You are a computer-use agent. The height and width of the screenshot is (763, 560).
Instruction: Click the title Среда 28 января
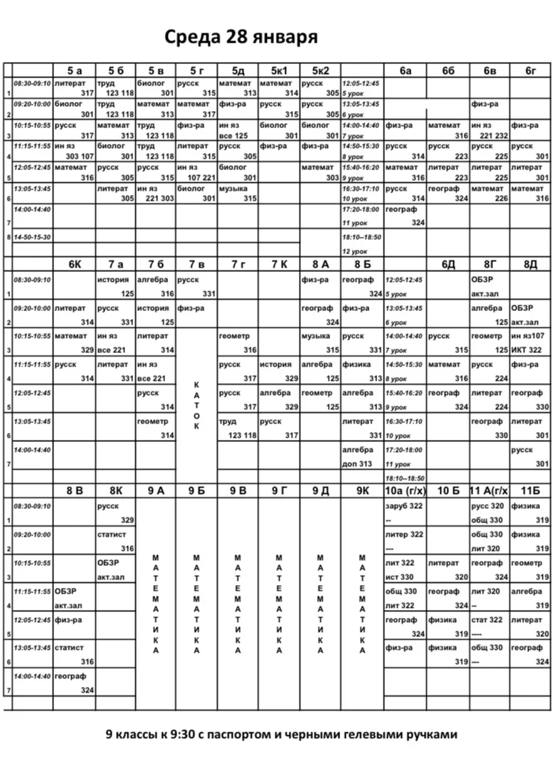coord(241,37)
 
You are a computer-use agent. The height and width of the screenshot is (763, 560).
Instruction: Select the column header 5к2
coord(320,70)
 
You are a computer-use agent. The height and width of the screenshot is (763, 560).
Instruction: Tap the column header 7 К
coord(279,265)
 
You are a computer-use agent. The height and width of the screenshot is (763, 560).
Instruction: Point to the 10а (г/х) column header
coord(404,491)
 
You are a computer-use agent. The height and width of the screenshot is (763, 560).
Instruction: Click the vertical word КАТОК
coord(196,405)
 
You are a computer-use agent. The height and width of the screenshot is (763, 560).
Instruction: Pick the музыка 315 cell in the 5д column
coord(238,194)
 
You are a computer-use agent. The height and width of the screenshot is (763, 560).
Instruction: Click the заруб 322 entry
coord(404,506)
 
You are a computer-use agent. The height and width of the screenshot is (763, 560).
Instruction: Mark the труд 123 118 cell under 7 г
coord(238,428)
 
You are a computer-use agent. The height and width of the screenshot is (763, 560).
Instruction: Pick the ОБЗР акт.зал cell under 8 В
coord(74,598)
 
